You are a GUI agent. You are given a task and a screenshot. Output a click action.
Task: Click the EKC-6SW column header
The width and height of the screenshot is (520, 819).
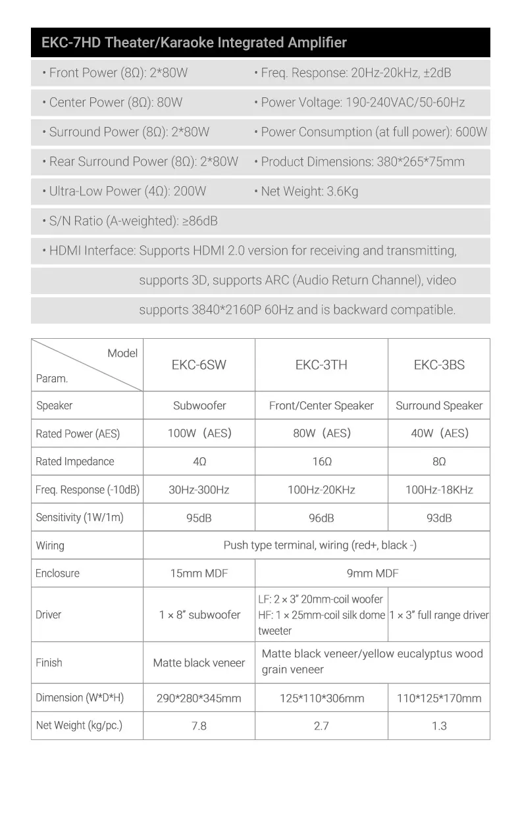pos(199,365)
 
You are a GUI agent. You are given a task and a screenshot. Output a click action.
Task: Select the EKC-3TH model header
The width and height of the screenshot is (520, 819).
pos(321,365)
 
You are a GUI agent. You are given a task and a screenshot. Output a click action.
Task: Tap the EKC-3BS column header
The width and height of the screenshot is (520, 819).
pos(439,365)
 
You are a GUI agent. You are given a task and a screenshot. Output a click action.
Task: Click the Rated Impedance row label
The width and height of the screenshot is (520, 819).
pos(74,462)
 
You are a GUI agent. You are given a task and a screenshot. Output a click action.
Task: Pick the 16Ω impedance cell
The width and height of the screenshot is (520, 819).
pos(321,462)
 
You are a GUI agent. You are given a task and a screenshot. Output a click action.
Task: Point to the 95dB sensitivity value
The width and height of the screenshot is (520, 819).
pos(199,518)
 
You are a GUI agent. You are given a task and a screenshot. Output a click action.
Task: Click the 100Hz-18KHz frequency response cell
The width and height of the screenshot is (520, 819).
pos(439,490)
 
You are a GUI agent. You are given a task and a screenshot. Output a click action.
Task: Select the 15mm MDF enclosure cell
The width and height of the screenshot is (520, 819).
pos(199,574)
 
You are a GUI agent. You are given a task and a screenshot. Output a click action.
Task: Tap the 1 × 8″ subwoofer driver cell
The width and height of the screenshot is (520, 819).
pos(199,615)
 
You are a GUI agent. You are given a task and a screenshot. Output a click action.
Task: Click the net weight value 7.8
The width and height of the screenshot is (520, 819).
pos(199,726)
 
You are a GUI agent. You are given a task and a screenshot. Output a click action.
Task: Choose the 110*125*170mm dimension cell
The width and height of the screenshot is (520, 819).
pos(439,699)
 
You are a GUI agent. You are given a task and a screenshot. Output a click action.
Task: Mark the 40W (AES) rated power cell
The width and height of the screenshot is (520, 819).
pos(439,434)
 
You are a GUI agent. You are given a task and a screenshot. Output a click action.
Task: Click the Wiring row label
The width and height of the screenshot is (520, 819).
pos(50,546)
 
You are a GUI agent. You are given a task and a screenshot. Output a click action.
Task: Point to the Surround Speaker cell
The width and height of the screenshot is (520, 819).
pos(439,406)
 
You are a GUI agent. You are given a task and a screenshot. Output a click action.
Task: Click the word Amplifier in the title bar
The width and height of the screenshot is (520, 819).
pos(317,43)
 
